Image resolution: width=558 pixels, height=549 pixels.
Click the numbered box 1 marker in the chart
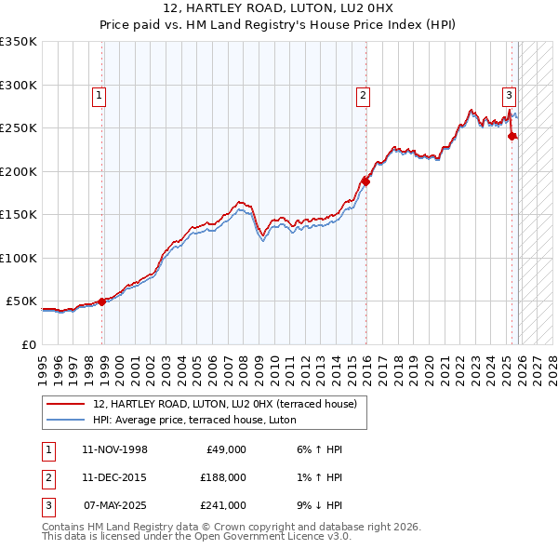[x=99, y=94]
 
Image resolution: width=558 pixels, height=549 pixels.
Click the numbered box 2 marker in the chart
[x=363, y=94]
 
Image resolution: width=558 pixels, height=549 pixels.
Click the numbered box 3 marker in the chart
[x=510, y=94]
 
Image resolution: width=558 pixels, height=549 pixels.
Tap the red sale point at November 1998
[x=102, y=301]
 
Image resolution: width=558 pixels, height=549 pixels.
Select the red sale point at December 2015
[x=366, y=181]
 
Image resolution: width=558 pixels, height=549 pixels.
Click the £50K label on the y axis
[x=22, y=301]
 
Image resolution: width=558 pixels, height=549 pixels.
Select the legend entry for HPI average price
[x=193, y=420]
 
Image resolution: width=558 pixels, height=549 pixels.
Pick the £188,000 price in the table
[x=222, y=477]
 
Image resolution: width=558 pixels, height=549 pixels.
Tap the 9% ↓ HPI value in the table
[x=315, y=505]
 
